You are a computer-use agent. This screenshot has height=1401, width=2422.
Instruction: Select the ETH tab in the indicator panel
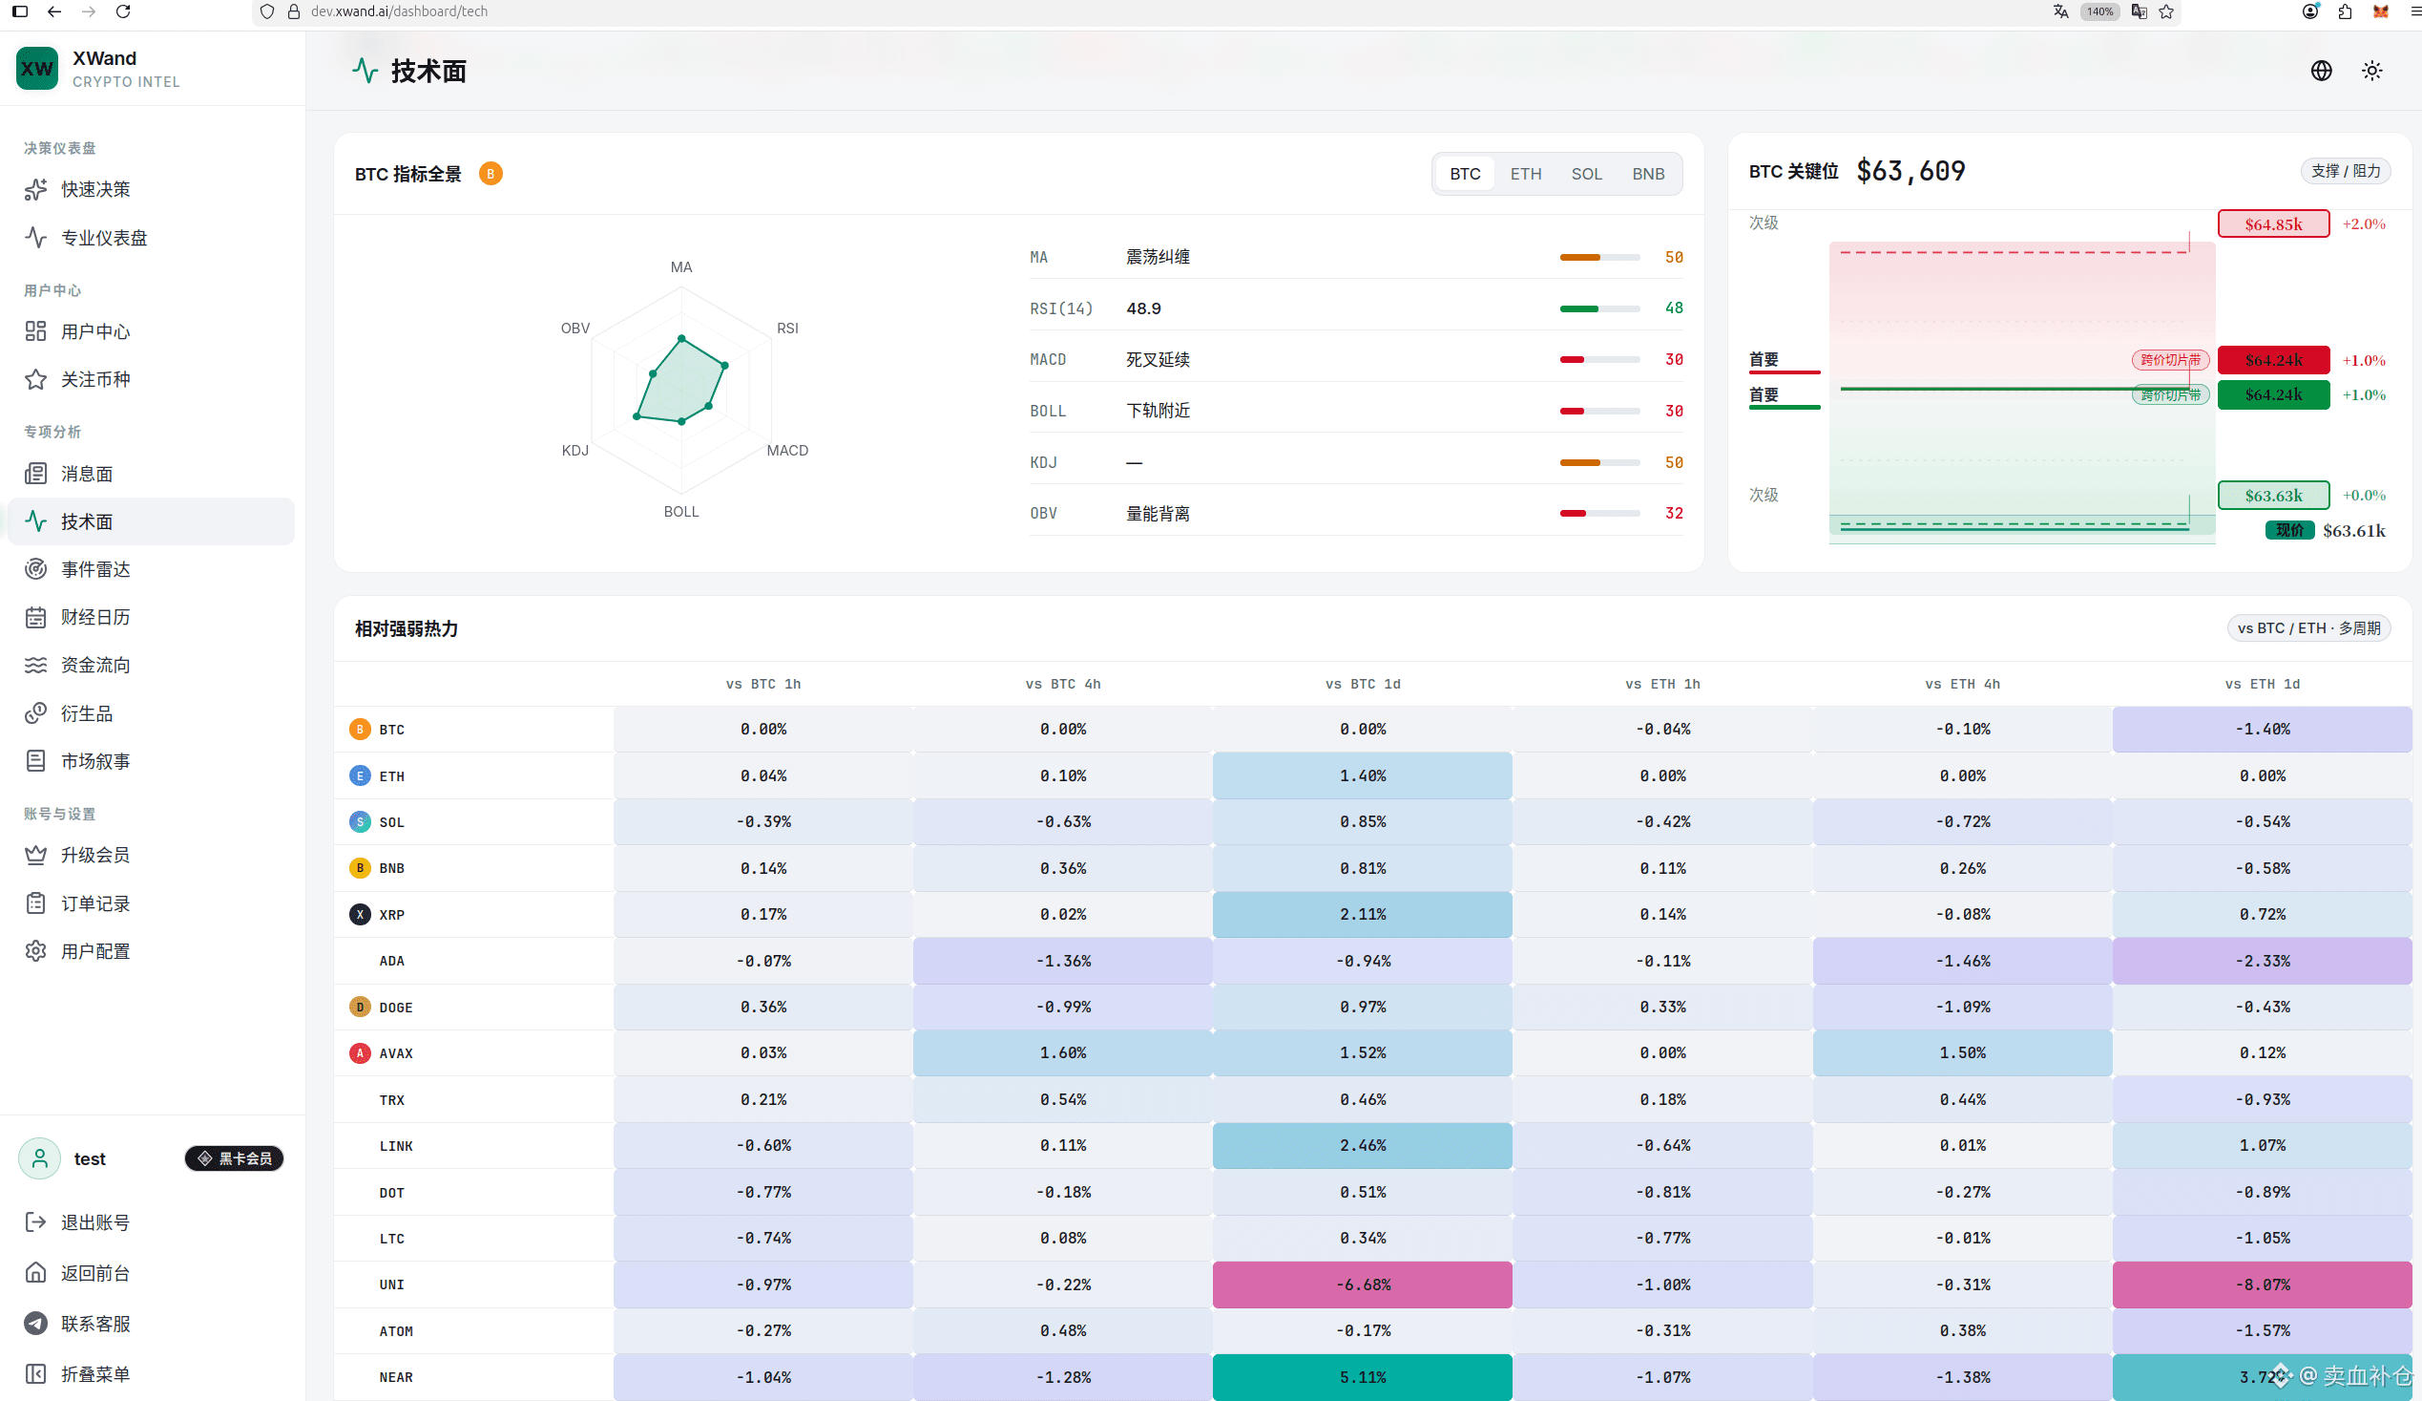coord(1525,174)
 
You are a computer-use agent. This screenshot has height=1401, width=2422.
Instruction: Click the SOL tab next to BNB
coord(1586,174)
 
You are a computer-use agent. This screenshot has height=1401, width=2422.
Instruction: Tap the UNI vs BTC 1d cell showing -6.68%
coord(1362,1284)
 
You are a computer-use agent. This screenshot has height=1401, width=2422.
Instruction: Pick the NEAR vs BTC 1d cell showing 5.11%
coord(1362,1377)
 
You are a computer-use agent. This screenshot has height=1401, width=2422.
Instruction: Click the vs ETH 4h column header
coord(1962,684)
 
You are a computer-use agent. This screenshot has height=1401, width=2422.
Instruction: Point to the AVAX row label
coord(395,1053)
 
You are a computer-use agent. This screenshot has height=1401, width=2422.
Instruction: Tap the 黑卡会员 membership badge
coord(234,1158)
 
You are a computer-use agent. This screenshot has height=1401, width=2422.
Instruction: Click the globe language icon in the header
coord(2321,72)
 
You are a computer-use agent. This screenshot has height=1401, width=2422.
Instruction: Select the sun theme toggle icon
coord(2371,72)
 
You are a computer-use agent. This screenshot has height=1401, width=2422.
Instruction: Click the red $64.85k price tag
coord(2273,224)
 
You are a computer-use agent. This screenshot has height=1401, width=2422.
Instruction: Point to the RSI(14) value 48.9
coord(1143,308)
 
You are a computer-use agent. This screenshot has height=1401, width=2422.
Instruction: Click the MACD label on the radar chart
coord(787,450)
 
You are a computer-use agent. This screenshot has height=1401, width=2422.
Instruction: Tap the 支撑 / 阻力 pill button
coord(2345,171)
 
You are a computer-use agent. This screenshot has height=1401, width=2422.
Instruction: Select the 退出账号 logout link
coord(94,1222)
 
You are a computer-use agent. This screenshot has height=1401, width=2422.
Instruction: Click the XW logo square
coord(37,68)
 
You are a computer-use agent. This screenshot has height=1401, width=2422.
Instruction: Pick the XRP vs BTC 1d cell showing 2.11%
coord(1362,915)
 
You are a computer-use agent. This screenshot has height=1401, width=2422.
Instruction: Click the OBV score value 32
coord(1673,514)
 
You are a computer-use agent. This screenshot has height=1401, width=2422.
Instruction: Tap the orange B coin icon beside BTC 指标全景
coord(491,174)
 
